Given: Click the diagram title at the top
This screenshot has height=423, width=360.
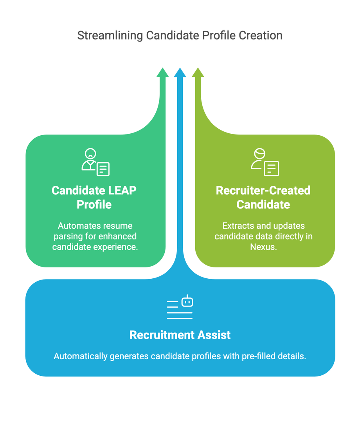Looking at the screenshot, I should point(180,36).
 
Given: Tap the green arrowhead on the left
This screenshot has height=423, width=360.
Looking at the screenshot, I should point(162,72).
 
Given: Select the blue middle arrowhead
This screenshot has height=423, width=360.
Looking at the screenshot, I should point(180,72).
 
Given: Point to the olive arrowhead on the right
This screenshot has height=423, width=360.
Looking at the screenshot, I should point(198,72).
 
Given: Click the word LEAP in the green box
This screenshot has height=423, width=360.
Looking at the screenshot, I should point(122,190).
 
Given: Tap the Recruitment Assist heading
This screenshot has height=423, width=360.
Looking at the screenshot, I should point(180,335).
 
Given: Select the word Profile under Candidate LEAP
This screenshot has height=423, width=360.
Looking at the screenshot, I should point(94,204).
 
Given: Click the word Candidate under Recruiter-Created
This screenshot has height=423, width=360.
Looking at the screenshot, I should point(263,204).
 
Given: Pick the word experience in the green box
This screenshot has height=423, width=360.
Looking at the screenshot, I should point(120,247).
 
